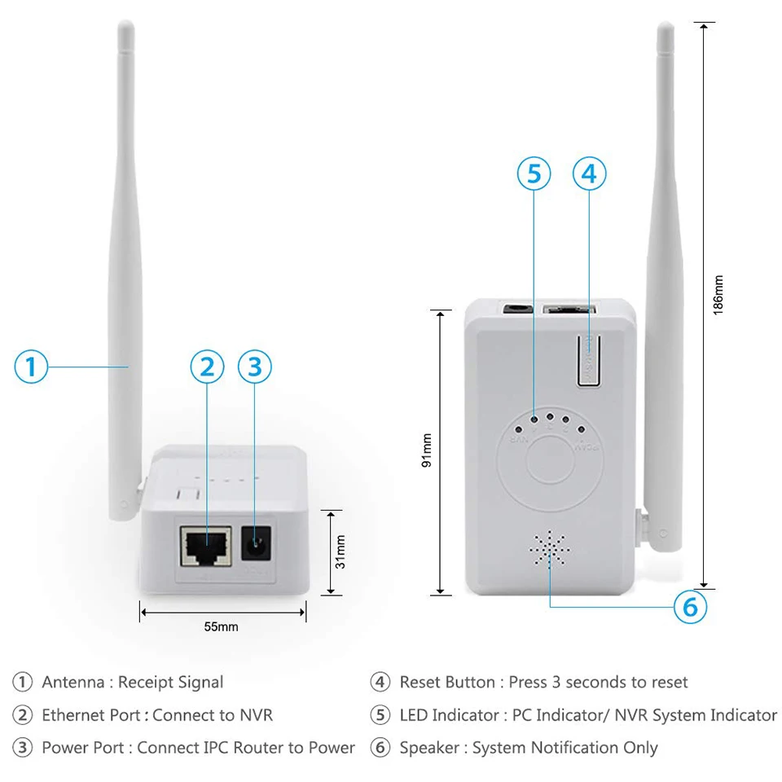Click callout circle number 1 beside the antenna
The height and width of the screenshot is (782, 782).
(31, 367)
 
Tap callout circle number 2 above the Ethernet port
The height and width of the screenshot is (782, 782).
(207, 367)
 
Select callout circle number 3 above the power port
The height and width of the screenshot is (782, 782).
(254, 367)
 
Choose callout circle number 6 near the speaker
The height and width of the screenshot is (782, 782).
(689, 606)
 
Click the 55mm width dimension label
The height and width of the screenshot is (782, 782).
(221, 626)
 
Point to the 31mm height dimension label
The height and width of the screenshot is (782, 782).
(340, 551)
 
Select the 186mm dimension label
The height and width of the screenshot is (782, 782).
(718, 295)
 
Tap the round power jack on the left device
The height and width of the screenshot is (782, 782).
(257, 542)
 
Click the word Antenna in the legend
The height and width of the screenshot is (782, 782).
(72, 682)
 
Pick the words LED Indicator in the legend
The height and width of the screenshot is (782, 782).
(449, 715)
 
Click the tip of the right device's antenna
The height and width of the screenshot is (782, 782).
(666, 29)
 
